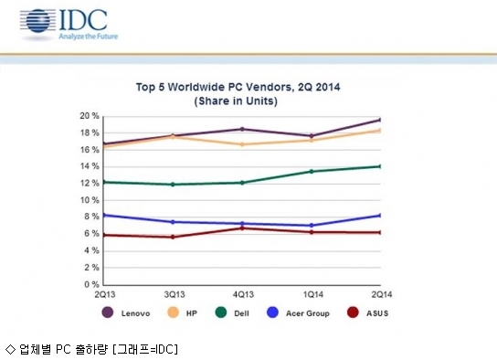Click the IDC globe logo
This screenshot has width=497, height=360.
tap(38, 21)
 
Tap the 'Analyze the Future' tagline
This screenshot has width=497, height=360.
tap(88, 37)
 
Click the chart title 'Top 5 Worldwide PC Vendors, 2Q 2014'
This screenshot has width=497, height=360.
tap(238, 87)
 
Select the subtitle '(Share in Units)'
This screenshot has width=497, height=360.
tap(236, 101)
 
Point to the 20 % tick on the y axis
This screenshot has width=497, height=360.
tap(90, 116)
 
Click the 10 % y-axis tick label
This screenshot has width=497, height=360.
tap(90, 200)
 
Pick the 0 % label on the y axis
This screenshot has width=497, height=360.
tap(91, 284)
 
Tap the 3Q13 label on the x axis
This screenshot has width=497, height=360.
tap(174, 295)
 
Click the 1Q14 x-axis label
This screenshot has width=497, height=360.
tap(313, 295)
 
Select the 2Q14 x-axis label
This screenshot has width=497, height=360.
tap(382, 295)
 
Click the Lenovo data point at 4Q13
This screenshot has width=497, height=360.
tap(242, 129)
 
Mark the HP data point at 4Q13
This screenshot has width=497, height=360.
tap(242, 144)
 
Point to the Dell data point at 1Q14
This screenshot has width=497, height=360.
tap(312, 172)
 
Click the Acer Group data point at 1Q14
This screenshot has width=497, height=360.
tap(312, 226)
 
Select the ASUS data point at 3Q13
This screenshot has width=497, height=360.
tap(173, 237)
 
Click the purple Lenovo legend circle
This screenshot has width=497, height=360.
tap(108, 312)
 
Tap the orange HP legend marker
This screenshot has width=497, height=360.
tap(173, 312)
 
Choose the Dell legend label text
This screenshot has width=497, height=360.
tap(241, 313)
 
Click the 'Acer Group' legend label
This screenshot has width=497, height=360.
tap(308, 313)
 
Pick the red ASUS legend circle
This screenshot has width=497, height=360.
tap(353, 312)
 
